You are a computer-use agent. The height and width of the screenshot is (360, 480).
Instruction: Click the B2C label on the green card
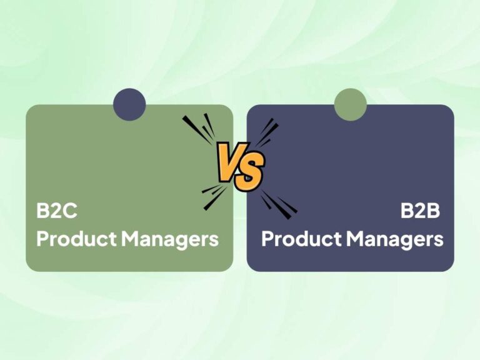click(x=57, y=211)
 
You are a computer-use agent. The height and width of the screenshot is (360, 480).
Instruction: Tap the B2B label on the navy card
click(x=421, y=211)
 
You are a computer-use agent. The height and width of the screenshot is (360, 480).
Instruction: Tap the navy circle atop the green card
click(x=129, y=104)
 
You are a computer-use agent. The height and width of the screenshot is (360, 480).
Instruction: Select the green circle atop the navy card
click(x=350, y=104)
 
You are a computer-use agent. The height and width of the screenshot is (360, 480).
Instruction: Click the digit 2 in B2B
click(x=421, y=211)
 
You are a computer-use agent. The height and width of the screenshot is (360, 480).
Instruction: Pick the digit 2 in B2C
click(x=56, y=211)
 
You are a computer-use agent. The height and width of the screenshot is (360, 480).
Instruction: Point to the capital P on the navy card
click(x=267, y=239)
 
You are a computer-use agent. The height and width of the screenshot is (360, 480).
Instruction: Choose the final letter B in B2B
click(x=434, y=211)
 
